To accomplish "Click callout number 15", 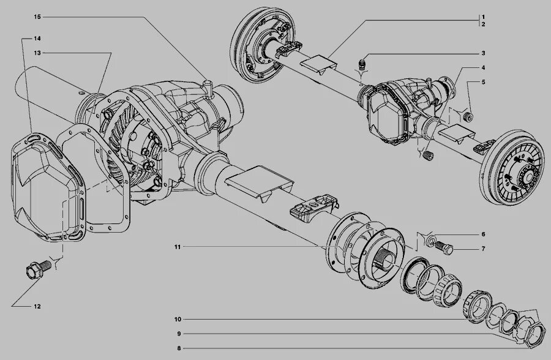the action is [x=37, y=16].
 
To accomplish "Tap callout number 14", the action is [x=37, y=39].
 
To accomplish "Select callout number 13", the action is [x=37, y=53].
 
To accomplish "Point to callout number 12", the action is [x=37, y=306].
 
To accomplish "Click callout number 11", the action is [x=176, y=247].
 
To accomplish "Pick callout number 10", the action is [x=176, y=319].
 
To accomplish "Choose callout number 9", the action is [x=176, y=334].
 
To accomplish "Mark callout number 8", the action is [x=176, y=348].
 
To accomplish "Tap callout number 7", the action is [x=483, y=249].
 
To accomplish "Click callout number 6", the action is [x=483, y=234].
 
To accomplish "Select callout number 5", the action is [x=483, y=81].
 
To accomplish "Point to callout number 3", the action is [x=483, y=53].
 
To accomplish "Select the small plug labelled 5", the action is [x=468, y=116].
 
